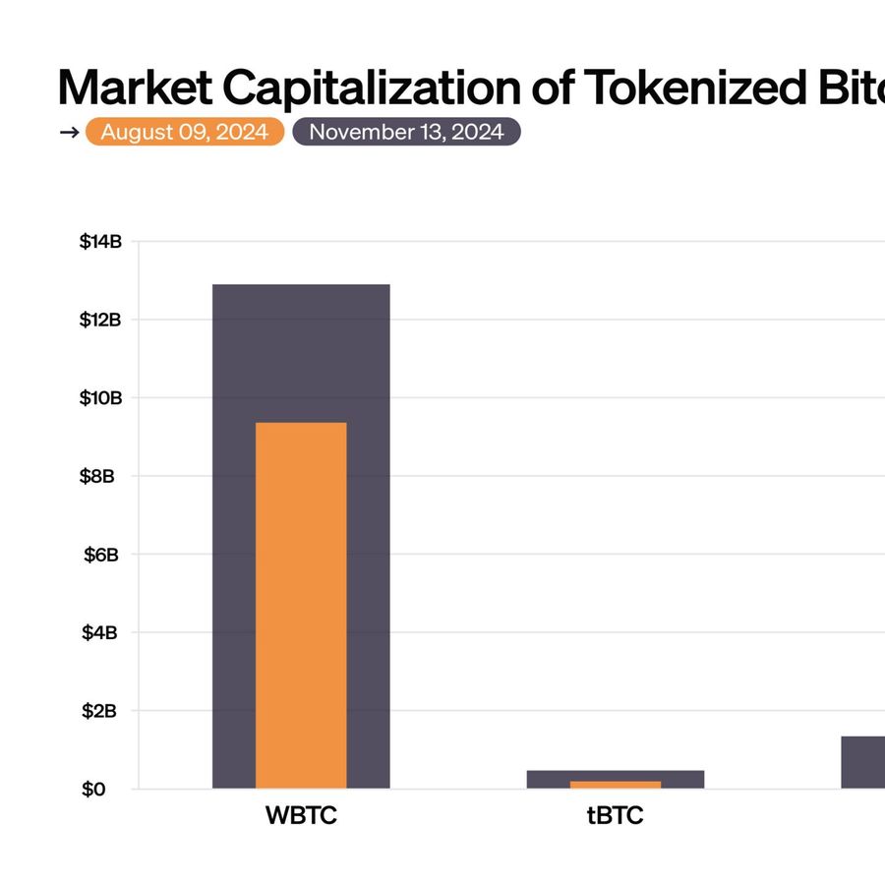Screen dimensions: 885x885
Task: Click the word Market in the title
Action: click(x=135, y=88)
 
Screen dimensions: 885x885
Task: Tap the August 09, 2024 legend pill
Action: click(x=185, y=133)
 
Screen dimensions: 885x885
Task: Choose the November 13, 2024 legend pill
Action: click(x=406, y=133)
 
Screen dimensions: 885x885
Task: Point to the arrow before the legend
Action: click(x=69, y=133)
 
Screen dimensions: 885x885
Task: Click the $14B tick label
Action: click(x=99, y=242)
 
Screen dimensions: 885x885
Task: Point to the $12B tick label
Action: click(x=99, y=320)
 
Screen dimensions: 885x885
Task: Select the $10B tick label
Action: click(x=99, y=398)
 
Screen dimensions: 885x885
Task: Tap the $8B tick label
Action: click(x=102, y=476)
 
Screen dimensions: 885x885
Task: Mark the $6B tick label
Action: click(x=102, y=555)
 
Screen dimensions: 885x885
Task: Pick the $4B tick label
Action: click(x=102, y=632)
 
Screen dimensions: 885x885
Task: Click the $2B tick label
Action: click(x=102, y=711)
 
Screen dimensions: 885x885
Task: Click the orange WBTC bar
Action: click(x=301, y=605)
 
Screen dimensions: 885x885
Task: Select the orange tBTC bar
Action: click(x=616, y=785)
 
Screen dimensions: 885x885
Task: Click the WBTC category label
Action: click(x=301, y=816)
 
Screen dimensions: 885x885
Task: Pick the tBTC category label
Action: click(x=616, y=816)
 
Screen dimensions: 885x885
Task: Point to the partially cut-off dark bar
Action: click(x=863, y=762)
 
